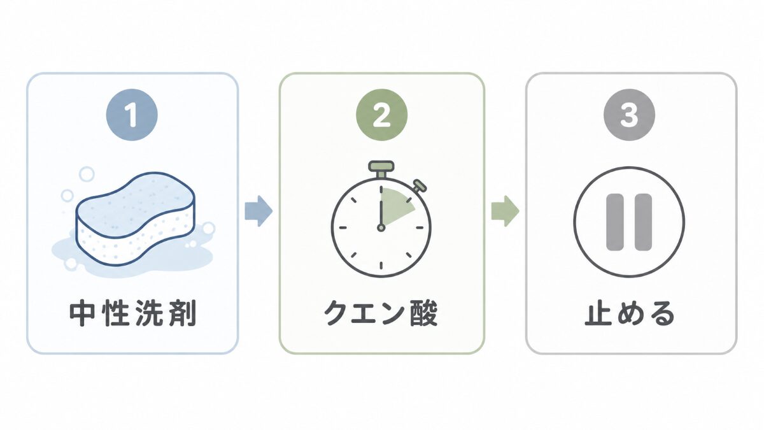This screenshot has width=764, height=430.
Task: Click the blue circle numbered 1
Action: click(x=132, y=114)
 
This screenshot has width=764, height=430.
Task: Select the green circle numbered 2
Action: click(x=381, y=114)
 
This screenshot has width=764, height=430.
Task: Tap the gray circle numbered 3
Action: click(x=629, y=114)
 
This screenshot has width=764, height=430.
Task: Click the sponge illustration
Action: click(x=136, y=219)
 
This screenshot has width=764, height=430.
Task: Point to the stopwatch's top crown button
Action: click(x=381, y=166)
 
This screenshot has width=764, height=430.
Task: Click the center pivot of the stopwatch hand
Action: click(x=381, y=227)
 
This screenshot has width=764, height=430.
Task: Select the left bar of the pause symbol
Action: click(x=614, y=222)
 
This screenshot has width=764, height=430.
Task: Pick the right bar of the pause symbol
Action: click(x=643, y=222)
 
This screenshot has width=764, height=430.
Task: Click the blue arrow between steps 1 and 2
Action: click(x=258, y=211)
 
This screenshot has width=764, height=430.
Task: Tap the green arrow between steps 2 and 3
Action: click(x=505, y=211)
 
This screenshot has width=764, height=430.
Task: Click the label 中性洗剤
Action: click(x=133, y=313)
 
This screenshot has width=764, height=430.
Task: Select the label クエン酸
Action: click(x=381, y=313)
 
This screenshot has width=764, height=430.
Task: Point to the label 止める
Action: click(x=630, y=313)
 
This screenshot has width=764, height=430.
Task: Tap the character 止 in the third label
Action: click(x=598, y=313)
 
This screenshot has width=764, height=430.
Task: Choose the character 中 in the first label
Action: click(x=82, y=313)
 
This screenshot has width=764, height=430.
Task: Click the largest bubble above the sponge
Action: click(x=87, y=174)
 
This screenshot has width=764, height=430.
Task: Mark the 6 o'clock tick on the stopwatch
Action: click(x=381, y=265)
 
